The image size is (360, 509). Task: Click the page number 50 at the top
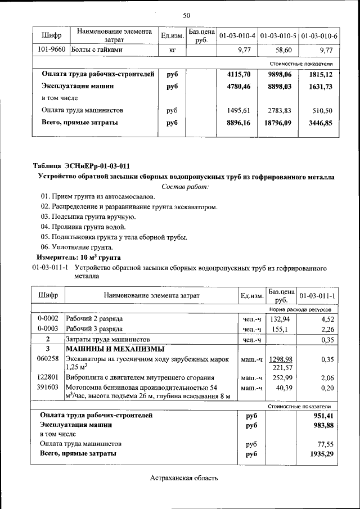(x=186, y=15)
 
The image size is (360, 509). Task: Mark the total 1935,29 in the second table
(x=319, y=453)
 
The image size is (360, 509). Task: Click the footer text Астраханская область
(x=184, y=478)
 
